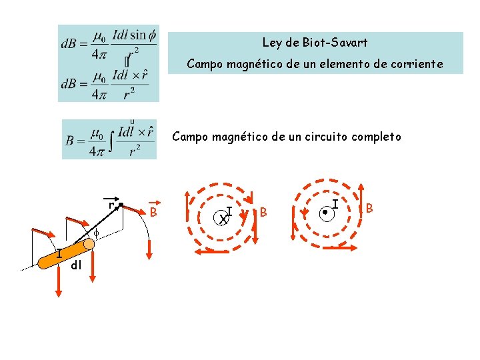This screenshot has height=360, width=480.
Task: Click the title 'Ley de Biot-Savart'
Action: click(315, 43)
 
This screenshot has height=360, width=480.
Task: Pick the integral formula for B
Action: click(109, 139)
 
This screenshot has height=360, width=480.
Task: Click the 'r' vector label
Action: click(111, 205)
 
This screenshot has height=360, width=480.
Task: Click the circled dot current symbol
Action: click(325, 214)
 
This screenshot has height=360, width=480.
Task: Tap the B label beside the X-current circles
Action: click(264, 213)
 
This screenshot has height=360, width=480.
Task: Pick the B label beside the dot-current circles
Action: click(369, 209)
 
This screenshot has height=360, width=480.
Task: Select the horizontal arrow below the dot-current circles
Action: click(333, 248)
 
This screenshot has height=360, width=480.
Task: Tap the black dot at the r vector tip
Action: click(121, 205)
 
